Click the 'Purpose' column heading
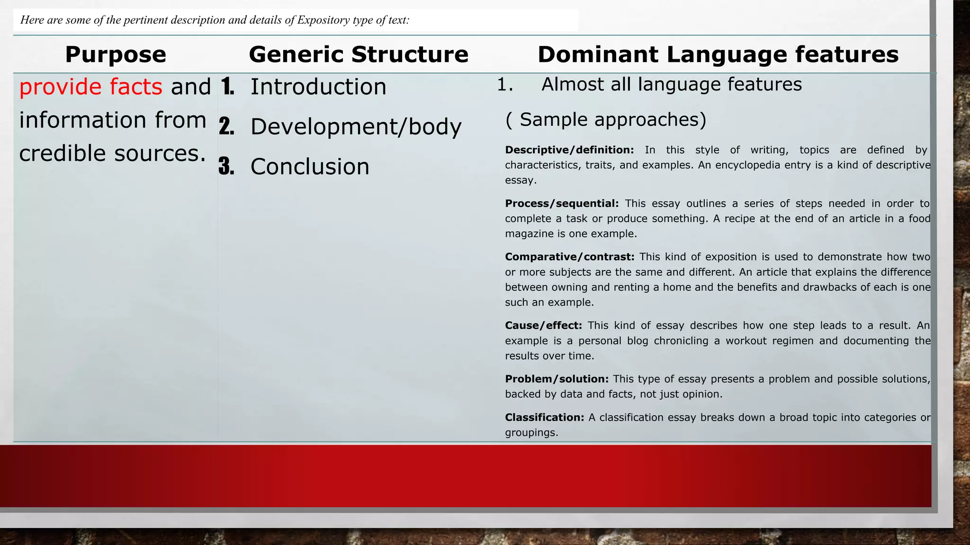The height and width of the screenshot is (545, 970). (x=116, y=54)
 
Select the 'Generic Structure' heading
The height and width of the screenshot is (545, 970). (x=359, y=54)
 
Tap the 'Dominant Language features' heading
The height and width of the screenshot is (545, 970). (x=718, y=54)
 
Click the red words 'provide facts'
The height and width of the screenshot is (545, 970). (x=90, y=87)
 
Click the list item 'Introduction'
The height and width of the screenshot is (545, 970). (x=318, y=87)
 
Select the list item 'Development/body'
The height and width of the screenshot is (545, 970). (x=356, y=127)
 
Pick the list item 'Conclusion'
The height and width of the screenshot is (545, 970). (x=310, y=167)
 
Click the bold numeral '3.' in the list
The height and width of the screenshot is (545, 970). (x=227, y=167)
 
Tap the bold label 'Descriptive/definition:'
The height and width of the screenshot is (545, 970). (x=569, y=150)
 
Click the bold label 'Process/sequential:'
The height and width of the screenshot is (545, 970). (x=562, y=203)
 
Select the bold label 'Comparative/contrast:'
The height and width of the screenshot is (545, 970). (x=569, y=257)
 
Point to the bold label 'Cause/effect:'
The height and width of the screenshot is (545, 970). (x=543, y=325)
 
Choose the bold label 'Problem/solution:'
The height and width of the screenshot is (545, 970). (x=557, y=379)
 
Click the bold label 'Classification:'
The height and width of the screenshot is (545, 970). (x=544, y=417)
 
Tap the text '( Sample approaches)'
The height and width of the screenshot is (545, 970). (x=606, y=120)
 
